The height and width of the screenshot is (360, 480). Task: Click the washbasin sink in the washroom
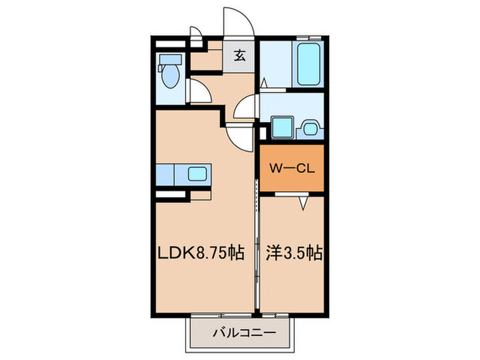click(x=309, y=127)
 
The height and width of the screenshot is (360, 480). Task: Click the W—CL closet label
click(x=291, y=167)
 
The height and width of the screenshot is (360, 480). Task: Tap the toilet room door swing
click(x=199, y=91)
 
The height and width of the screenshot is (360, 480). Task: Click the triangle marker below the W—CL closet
click(x=302, y=203)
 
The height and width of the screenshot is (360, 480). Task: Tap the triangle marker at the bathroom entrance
click(x=263, y=82)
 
